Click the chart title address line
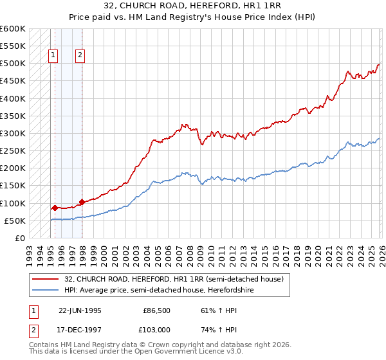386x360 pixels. pos(193,6)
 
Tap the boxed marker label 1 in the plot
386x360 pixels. pos(53,55)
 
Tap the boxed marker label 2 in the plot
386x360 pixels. pos(80,55)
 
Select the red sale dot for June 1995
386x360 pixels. pos(55,208)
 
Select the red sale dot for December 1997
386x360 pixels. pos(82,202)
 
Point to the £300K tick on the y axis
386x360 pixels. pos(13,133)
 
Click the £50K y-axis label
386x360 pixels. pos(15,221)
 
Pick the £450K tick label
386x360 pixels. pos(13,81)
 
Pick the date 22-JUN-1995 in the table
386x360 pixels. pos(80,310)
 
